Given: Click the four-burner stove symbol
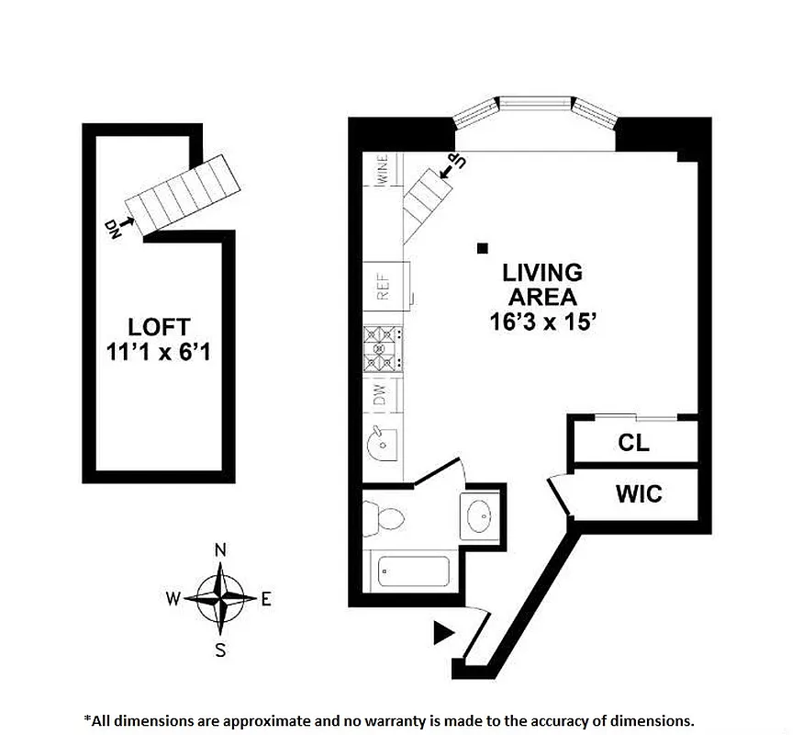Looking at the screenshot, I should tap(384, 350).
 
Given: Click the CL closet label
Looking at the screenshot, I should tap(633, 443).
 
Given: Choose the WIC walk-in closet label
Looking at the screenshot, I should tap(638, 494).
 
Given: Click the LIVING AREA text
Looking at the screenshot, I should tap(541, 285).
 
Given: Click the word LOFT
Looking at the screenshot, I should tap(159, 326).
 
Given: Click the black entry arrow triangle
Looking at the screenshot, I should tap(444, 631).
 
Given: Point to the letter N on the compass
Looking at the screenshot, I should tap(220, 549).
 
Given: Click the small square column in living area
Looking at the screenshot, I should tap(482, 246).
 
